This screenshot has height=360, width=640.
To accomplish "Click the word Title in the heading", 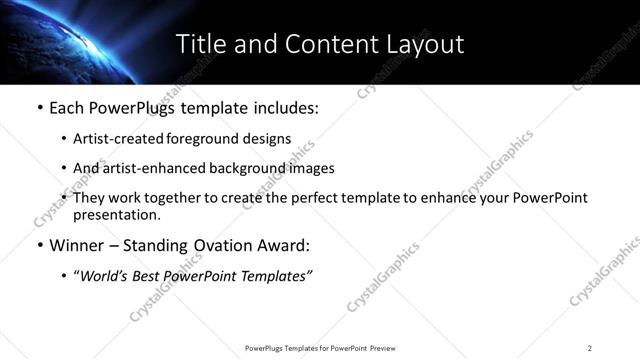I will click(x=198, y=44).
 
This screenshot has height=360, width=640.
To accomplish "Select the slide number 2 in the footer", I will click(x=589, y=348).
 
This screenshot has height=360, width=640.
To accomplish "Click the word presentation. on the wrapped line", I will click(x=116, y=215).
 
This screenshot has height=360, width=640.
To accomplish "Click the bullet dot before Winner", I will click(x=39, y=246).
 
